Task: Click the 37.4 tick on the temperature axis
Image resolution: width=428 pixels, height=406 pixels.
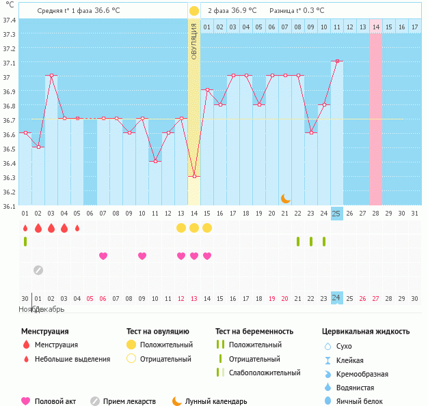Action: point(10,20)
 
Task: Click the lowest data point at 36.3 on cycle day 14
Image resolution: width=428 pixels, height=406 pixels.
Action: point(194,176)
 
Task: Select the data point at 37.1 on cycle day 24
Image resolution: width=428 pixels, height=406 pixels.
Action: point(336,61)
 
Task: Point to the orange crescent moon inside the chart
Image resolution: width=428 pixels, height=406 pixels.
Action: point(285,199)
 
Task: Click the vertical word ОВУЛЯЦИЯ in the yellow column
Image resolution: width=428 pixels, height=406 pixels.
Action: point(194,41)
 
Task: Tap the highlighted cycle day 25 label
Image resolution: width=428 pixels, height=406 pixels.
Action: point(336,214)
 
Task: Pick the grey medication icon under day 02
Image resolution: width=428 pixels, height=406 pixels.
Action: point(38,270)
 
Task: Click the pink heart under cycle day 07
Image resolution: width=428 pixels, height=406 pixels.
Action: point(103,256)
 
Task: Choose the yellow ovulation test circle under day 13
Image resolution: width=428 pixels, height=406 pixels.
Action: point(181,227)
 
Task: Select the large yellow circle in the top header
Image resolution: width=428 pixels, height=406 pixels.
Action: point(194,11)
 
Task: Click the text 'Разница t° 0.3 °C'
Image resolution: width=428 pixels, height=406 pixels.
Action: point(297,11)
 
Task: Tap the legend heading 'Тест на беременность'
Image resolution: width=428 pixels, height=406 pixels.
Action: point(254,332)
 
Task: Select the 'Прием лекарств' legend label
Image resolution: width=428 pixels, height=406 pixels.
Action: point(129,401)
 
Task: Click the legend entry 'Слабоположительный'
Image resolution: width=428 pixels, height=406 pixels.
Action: point(264,373)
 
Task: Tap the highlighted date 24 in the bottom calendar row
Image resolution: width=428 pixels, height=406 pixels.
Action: point(336,298)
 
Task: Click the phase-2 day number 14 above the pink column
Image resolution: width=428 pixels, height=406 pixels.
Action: point(376,27)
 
